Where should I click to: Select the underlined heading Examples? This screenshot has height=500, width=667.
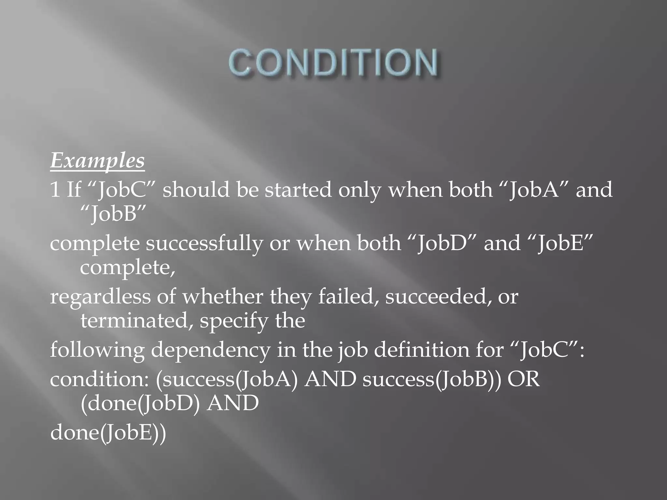[97, 161]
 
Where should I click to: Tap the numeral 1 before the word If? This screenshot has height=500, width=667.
[55, 190]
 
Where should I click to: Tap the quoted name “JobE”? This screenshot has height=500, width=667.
[560, 243]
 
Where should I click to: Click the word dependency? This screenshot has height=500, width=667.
[210, 351]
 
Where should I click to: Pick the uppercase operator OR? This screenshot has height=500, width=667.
[524, 380]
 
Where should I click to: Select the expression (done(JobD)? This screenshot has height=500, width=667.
[140, 404]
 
